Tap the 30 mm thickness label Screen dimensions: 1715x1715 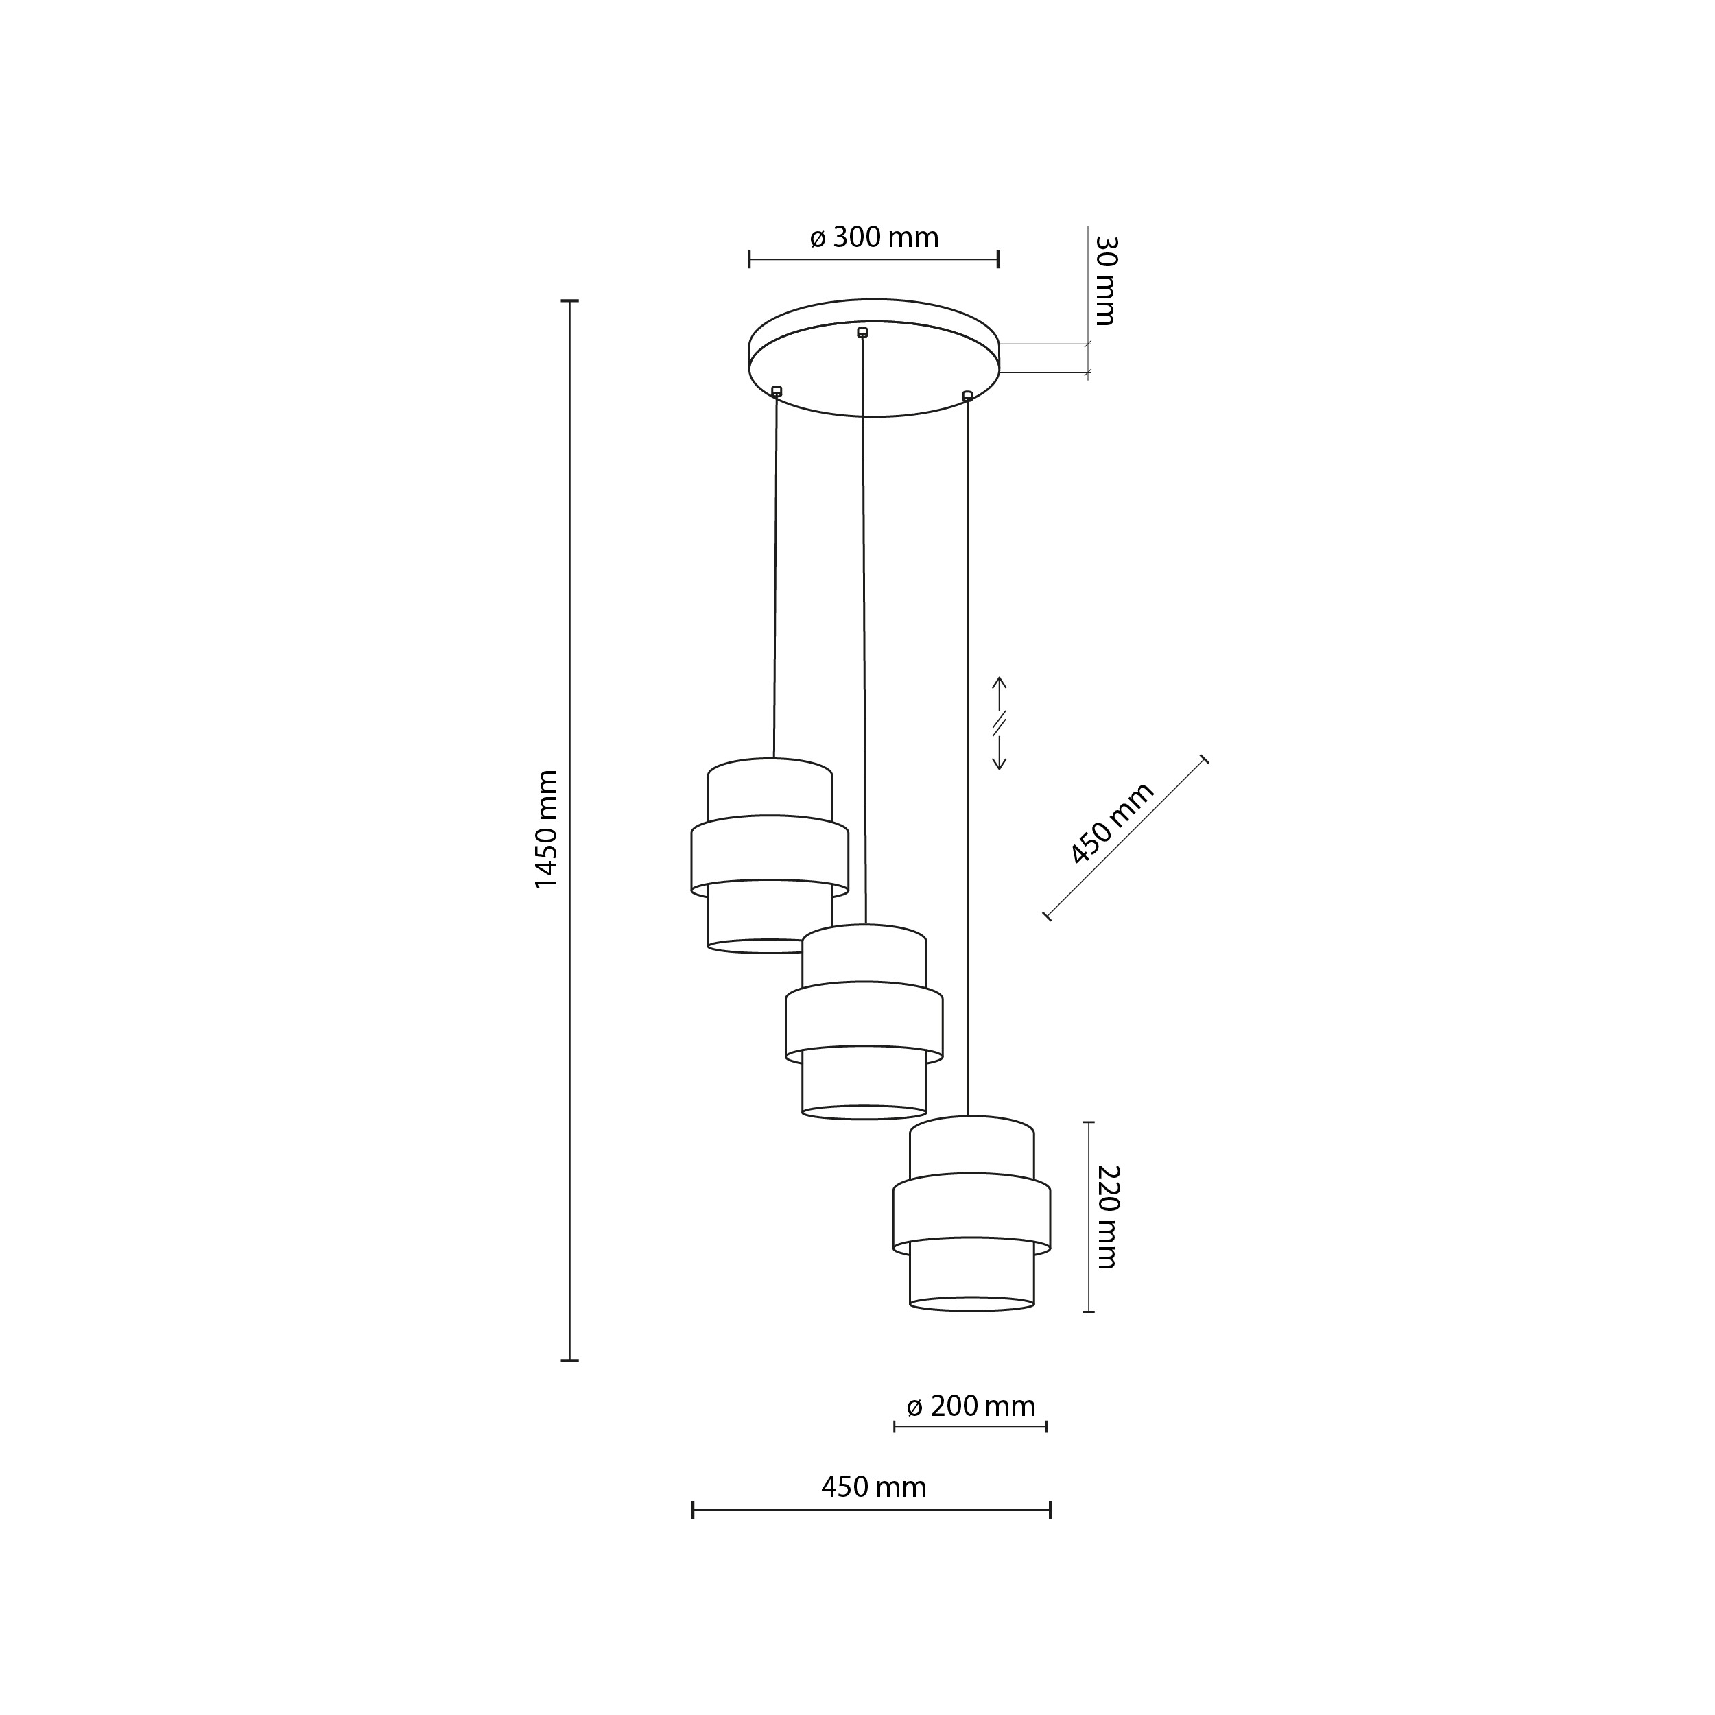[1104, 281]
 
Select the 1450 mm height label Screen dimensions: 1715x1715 [546, 830]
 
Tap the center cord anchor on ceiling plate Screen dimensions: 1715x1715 [862, 332]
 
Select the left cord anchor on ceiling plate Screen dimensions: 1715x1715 [777, 390]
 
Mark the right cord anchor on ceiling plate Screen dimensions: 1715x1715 [967, 395]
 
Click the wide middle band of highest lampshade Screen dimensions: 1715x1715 [770, 854]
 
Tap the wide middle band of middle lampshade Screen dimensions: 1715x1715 [864, 1020]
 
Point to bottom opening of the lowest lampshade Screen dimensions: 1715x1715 [971, 1303]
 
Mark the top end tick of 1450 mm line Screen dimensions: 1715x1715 [570, 301]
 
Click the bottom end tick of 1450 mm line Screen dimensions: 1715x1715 [570, 1360]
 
